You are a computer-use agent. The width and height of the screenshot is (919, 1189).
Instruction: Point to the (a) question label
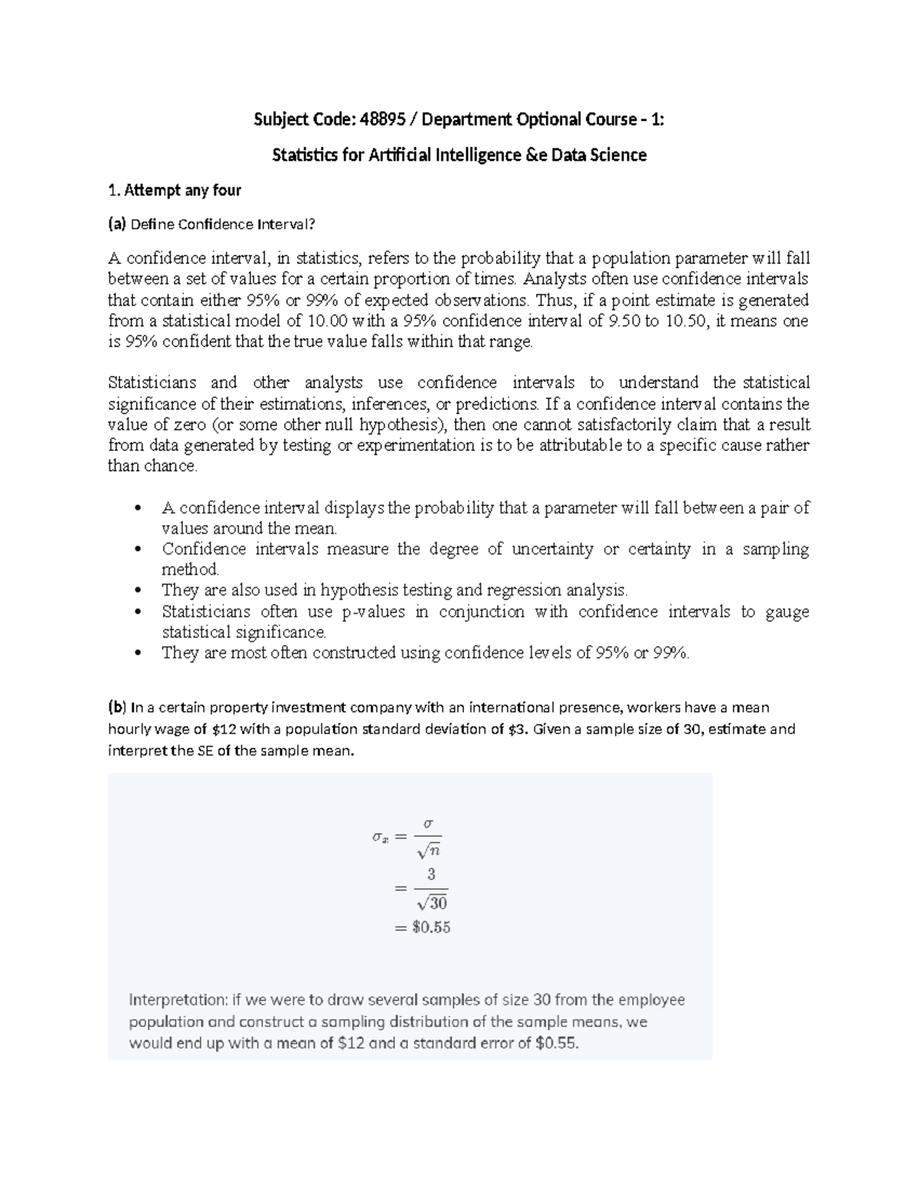(x=116, y=224)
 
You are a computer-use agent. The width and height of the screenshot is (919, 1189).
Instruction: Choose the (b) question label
(x=116, y=707)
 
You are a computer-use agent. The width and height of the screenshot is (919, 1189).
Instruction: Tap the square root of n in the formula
(x=429, y=850)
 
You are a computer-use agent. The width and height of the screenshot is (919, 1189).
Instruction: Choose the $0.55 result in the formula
(x=431, y=928)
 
